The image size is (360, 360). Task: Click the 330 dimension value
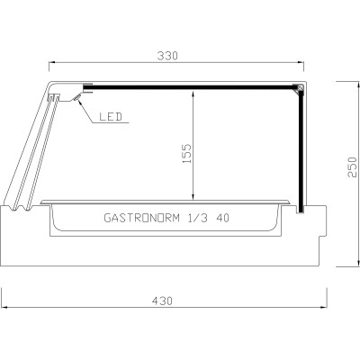point(168,55)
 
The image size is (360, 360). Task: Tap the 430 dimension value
point(163,299)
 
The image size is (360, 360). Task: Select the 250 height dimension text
point(353,171)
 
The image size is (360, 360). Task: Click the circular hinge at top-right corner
point(298,88)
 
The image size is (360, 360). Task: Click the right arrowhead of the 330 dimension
point(302,62)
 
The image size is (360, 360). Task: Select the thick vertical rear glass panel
point(301,148)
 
